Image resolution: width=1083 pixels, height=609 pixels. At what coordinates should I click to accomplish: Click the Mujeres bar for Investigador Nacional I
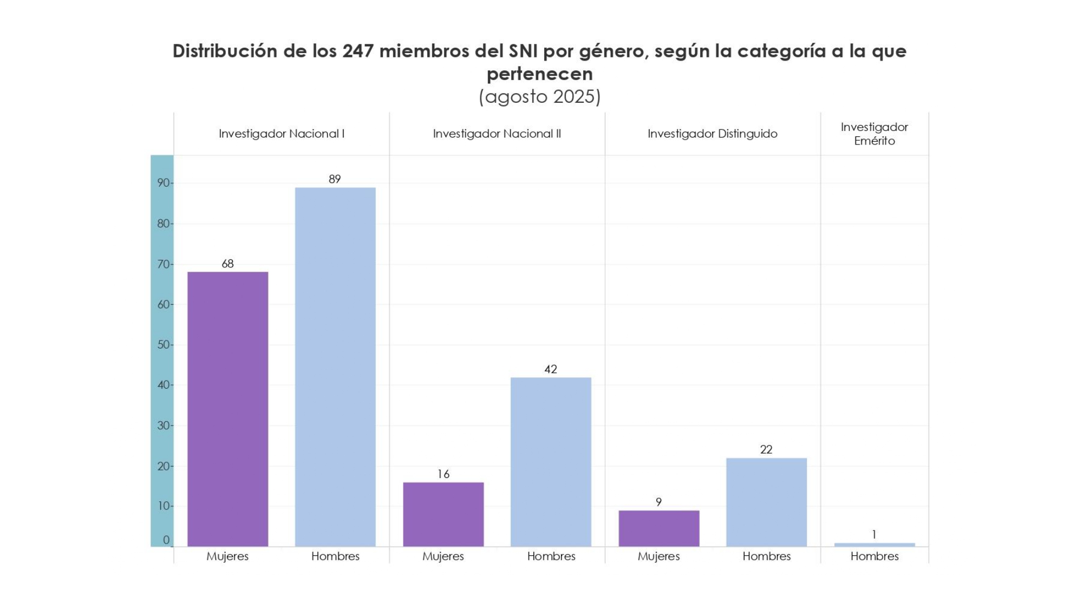coord(227,409)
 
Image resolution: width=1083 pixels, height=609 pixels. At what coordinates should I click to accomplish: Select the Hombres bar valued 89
coord(335,366)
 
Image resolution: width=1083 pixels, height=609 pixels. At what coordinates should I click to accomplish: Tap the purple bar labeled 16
coord(443,514)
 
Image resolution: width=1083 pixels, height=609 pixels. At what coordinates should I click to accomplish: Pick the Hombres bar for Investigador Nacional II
coord(551,461)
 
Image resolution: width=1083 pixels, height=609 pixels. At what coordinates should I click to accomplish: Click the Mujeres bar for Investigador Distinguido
coord(658,528)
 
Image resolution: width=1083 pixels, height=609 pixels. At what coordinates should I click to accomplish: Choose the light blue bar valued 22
coord(766,502)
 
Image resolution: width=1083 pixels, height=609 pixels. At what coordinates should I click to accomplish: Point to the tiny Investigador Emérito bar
coord(874,545)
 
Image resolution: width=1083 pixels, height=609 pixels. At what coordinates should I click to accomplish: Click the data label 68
coord(227,264)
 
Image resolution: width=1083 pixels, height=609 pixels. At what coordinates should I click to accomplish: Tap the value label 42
coord(551,369)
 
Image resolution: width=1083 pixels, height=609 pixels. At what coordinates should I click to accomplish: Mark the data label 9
coord(658,502)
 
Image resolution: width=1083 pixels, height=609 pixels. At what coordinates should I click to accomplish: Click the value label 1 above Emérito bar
coord(874,534)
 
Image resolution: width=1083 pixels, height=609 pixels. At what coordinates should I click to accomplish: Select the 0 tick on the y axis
coord(166,540)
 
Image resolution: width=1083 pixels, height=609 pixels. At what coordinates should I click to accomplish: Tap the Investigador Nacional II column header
coord(497,134)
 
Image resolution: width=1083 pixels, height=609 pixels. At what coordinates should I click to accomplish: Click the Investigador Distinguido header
coord(712,134)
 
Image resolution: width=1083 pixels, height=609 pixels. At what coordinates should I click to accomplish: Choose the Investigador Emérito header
coord(874,134)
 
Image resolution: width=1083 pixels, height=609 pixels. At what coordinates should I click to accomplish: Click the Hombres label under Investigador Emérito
coord(874,556)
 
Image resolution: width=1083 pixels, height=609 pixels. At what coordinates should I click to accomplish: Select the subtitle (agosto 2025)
coord(540,96)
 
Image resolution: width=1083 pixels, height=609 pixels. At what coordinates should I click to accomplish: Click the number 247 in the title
coord(357,51)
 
